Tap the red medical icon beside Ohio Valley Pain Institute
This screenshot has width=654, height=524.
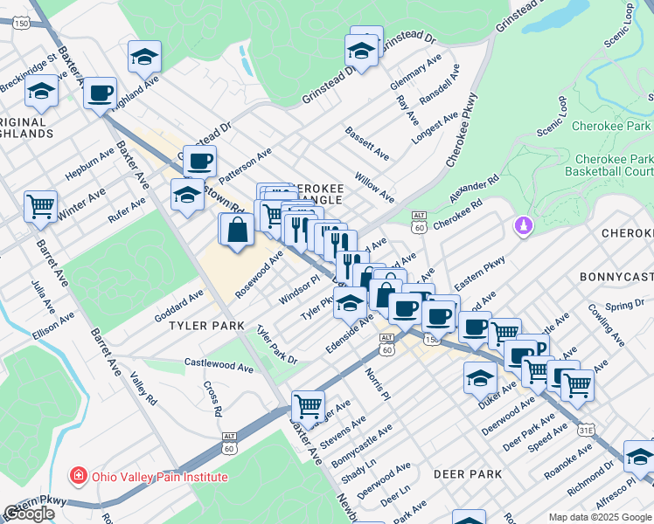click(78, 477)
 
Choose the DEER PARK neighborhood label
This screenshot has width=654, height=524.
click(467, 474)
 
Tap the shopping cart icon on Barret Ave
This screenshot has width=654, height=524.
click(40, 206)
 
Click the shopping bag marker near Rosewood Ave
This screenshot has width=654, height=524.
click(237, 231)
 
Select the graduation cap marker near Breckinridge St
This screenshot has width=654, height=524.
click(41, 90)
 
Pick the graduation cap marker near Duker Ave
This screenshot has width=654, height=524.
click(480, 376)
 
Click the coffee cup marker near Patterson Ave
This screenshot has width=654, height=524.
click(200, 160)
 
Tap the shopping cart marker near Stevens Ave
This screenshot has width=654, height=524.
click(308, 404)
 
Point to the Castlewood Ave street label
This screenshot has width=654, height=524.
click(219, 366)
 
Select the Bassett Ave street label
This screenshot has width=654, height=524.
click(367, 143)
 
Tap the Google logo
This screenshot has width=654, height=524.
click(30, 514)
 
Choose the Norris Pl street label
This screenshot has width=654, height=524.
click(375, 384)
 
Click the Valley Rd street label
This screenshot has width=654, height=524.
click(143, 390)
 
